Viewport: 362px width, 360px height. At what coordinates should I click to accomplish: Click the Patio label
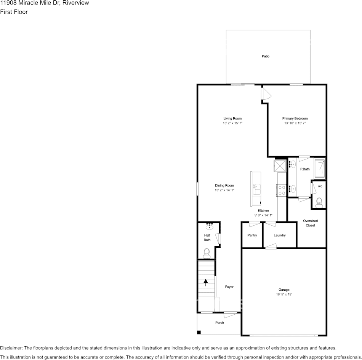pyautogui.click(x=266, y=56)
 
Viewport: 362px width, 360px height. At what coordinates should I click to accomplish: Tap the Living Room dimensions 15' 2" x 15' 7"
pyautogui.click(x=232, y=123)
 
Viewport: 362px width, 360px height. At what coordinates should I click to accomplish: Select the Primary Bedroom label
pyautogui.click(x=295, y=118)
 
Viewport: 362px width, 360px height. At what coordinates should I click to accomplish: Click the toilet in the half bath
pyautogui.click(x=207, y=253)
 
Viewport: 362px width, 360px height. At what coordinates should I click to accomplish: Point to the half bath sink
pyautogui.click(x=210, y=226)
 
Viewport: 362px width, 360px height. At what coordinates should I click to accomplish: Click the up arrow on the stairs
pyautogui.click(x=206, y=282)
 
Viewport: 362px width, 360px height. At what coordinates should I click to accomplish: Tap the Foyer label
pyautogui.click(x=229, y=287)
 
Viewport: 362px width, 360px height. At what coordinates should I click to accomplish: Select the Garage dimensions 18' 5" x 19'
pyautogui.click(x=284, y=294)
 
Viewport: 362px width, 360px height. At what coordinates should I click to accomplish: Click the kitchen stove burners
pyautogui.click(x=282, y=191)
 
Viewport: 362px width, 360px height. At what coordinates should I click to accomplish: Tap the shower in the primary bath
pyautogui.click(x=320, y=168)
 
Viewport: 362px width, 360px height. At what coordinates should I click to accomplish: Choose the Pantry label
pyautogui.click(x=252, y=235)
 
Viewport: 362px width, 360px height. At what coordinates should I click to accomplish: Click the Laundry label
pyautogui.click(x=280, y=235)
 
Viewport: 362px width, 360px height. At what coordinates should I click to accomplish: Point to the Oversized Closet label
pyautogui.click(x=310, y=223)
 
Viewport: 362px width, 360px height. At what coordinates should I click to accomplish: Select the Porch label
pyautogui.click(x=219, y=323)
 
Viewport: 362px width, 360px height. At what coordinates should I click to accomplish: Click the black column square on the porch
pyautogui.click(x=199, y=332)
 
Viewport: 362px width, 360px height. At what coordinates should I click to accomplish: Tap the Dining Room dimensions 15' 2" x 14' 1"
pyautogui.click(x=224, y=190)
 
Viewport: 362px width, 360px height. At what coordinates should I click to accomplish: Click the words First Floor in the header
pyautogui.click(x=14, y=12)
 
